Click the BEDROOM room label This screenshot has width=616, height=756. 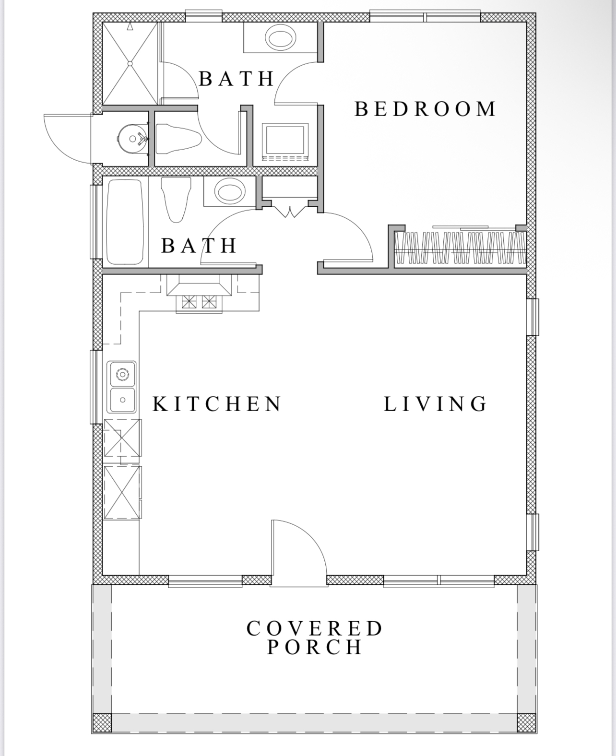[x=425, y=109]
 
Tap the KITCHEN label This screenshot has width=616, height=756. [x=217, y=404]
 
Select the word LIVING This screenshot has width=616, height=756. [x=435, y=404]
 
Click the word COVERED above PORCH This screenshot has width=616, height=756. [x=314, y=628]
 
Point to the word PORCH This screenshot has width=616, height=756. [x=314, y=647]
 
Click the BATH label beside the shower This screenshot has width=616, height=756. [x=237, y=79]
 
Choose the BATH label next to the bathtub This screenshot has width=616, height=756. [x=199, y=246]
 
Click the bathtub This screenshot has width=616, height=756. [x=125, y=222]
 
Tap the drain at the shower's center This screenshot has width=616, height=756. [x=130, y=63]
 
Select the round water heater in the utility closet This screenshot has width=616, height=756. [x=133, y=139]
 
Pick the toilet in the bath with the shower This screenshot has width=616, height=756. [x=178, y=139]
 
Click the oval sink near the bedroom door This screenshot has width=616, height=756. [x=280, y=37]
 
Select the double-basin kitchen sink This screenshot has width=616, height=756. [x=122, y=387]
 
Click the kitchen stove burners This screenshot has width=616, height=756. [x=199, y=302]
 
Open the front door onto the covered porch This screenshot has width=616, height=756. [x=299, y=554]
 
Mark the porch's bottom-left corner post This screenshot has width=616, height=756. [x=102, y=722]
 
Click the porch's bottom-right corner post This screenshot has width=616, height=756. [x=526, y=722]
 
